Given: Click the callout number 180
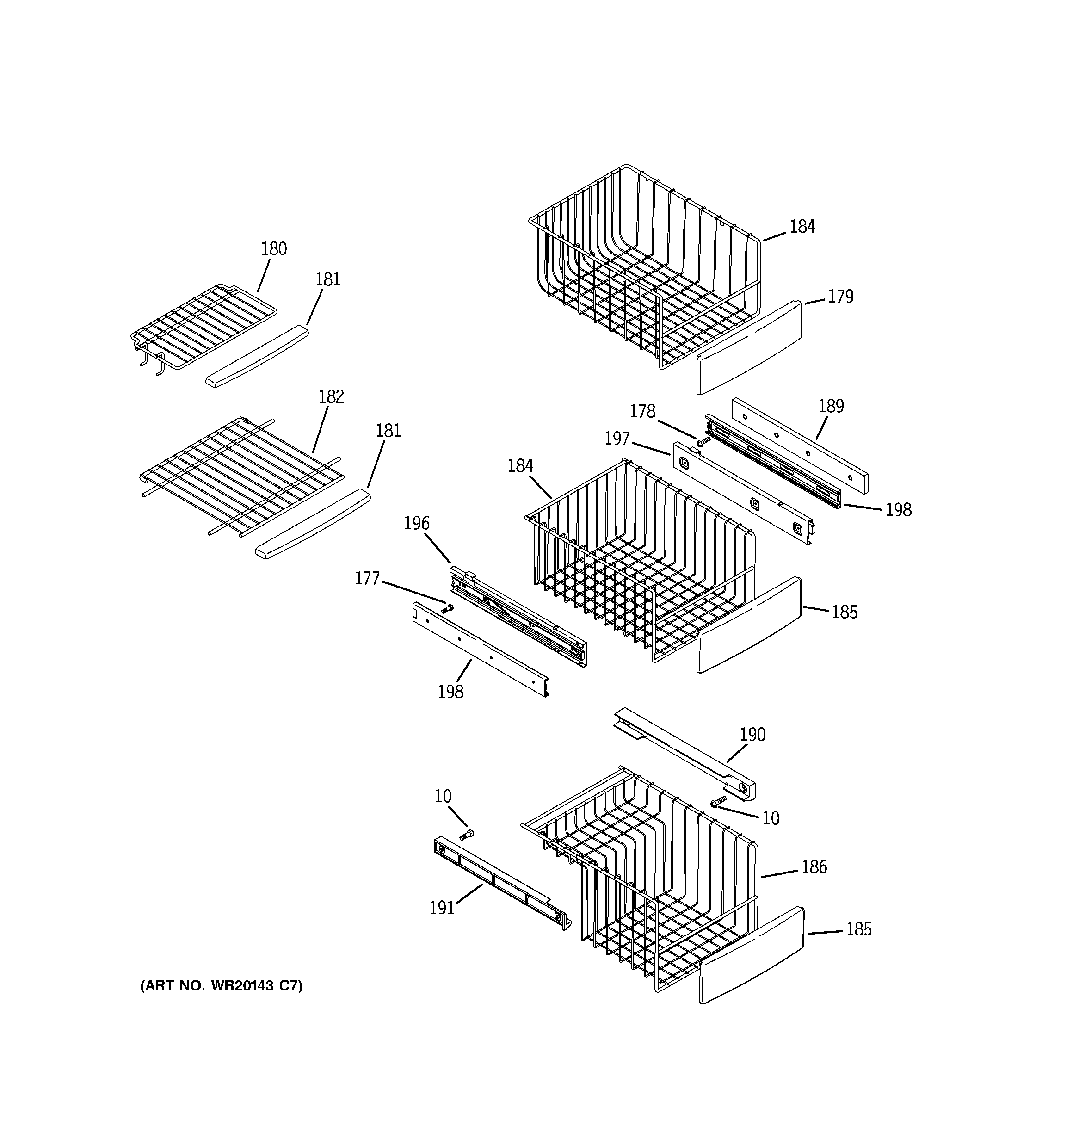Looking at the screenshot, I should coord(274,249).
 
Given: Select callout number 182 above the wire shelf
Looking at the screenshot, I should coord(331,397).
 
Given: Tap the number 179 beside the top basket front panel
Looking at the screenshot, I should coord(840,297).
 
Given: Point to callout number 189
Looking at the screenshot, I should coord(831,407).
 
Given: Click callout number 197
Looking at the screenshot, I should coord(617,439).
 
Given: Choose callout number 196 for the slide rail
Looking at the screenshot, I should coord(416,523).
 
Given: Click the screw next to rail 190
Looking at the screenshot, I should coord(718,801).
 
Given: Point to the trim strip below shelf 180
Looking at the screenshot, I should coord(257,357).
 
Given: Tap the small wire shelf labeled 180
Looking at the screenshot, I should coord(204,327).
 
